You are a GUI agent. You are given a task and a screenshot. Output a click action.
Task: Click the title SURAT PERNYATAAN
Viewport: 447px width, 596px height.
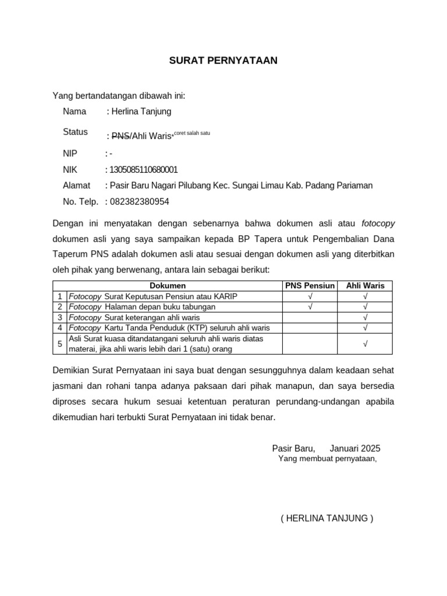223,61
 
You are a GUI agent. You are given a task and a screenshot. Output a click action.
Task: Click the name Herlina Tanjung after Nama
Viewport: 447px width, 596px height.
140,111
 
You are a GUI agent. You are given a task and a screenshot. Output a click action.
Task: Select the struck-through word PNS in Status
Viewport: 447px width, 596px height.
120,136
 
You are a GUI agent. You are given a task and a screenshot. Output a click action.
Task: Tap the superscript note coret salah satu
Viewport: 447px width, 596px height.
192,133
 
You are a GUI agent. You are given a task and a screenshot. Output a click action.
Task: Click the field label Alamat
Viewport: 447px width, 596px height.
76,186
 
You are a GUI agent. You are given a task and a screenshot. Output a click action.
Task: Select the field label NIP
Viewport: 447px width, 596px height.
70,154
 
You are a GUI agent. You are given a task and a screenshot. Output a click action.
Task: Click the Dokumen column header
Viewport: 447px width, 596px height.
168,286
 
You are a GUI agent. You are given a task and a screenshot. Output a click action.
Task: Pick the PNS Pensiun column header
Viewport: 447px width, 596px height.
310,286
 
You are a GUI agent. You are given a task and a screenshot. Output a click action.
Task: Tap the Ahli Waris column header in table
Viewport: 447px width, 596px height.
365,286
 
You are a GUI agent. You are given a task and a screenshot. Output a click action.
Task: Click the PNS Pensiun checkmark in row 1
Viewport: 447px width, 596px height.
310,296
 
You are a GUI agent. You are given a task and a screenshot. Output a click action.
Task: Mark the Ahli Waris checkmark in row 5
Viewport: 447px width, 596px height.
365,344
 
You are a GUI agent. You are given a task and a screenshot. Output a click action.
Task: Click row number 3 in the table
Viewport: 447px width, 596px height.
60,317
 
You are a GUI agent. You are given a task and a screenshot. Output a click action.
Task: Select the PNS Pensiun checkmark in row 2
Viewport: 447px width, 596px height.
310,307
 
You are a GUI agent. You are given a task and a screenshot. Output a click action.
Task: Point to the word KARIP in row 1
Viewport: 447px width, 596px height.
226,296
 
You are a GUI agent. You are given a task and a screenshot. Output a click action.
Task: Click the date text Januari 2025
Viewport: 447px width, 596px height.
355,448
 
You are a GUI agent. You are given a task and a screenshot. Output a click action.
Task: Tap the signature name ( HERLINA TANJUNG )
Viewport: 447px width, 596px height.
327,519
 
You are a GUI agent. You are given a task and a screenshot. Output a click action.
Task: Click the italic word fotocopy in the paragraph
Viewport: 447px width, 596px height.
378,223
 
